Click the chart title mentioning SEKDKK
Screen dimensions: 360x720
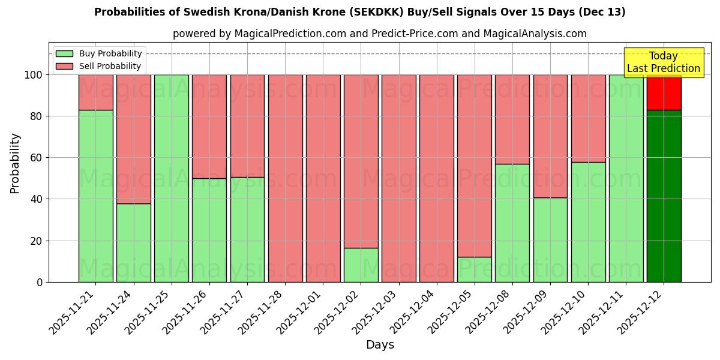(x=359, y=12)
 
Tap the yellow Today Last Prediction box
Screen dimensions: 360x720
(x=663, y=62)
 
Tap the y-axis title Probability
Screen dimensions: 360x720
(x=15, y=163)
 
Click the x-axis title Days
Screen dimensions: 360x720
(x=380, y=344)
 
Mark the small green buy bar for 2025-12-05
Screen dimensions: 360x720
(x=474, y=269)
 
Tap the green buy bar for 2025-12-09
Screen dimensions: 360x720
(x=550, y=240)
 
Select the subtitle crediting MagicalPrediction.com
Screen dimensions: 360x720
(x=379, y=34)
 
